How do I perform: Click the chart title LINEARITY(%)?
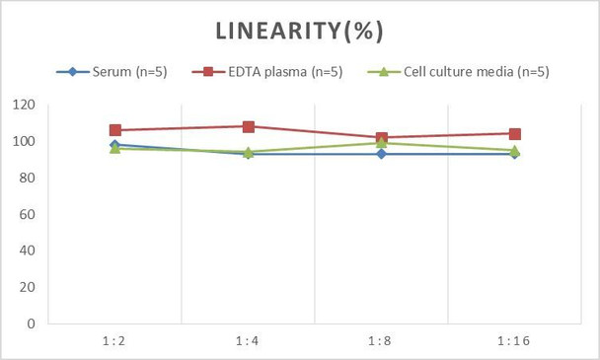click(299, 31)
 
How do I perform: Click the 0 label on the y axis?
click(32, 324)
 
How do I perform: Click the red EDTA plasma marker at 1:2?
click(115, 130)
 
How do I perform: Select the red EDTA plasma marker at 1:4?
click(249, 126)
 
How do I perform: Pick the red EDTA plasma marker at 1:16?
click(514, 134)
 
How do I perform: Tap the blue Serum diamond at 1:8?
click(381, 154)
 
